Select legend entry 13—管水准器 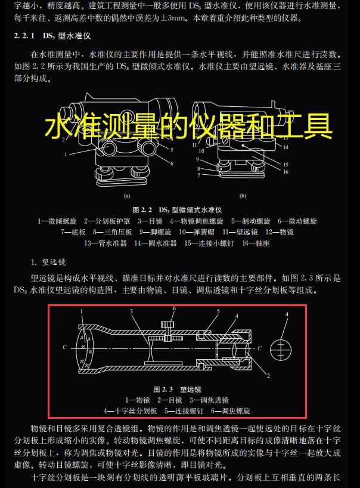(105, 243)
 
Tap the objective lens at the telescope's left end (81, 347)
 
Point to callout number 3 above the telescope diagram (131, 311)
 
